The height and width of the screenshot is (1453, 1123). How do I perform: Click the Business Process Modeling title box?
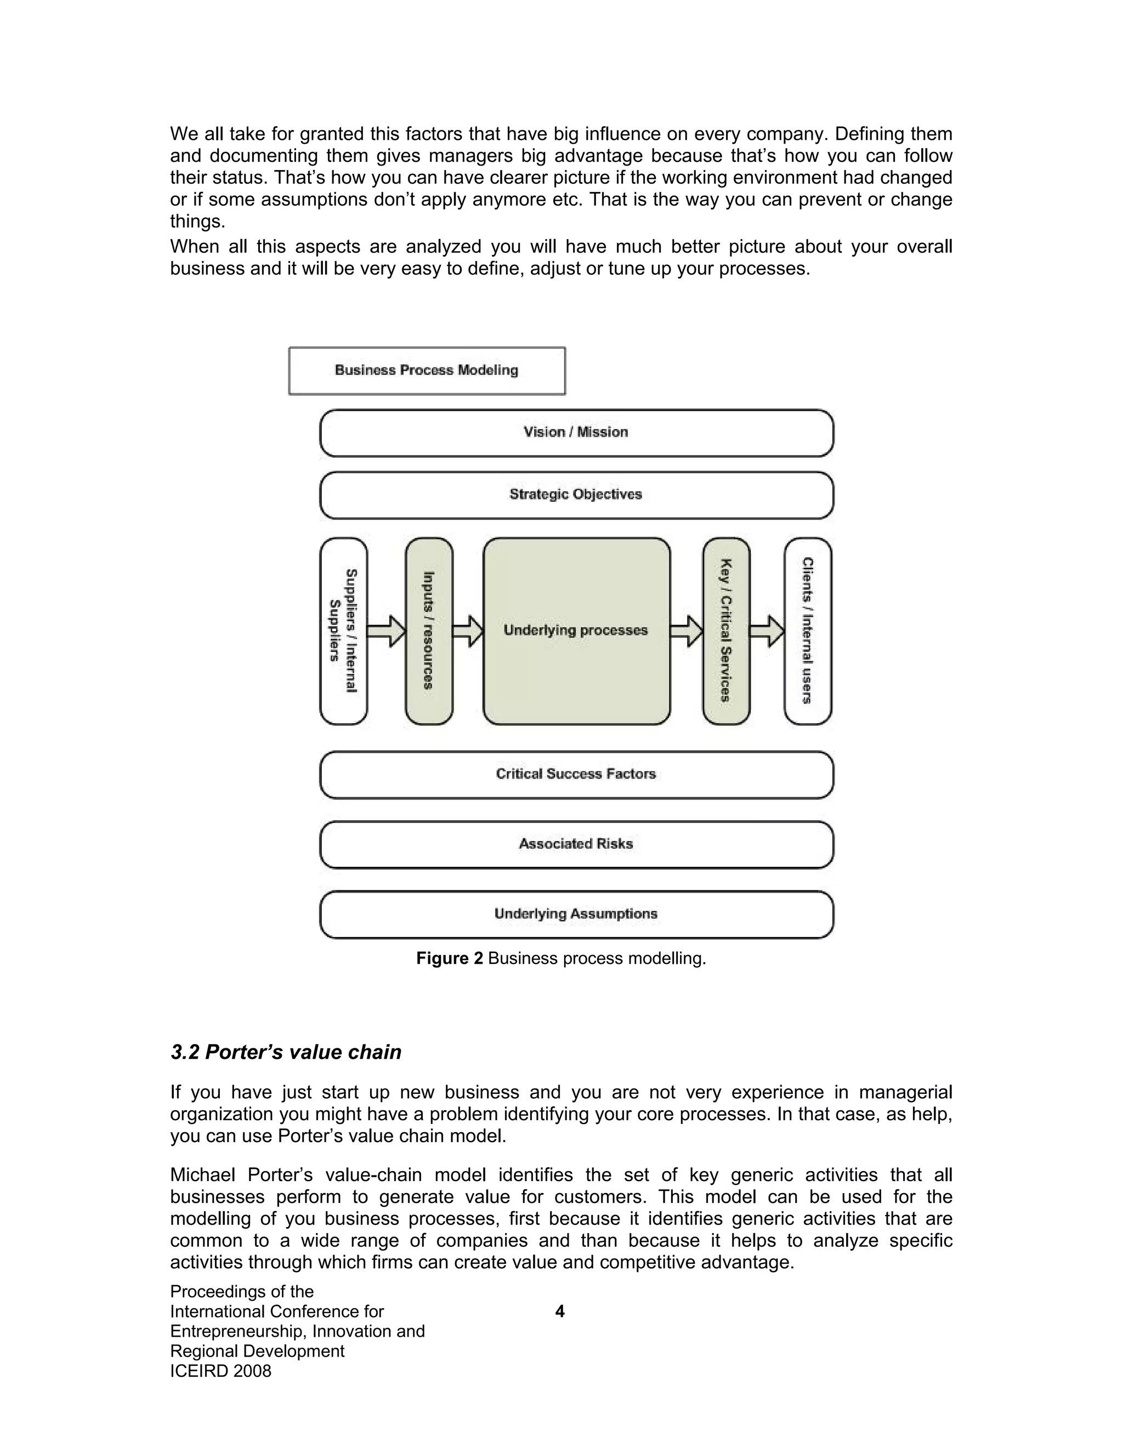point(427,371)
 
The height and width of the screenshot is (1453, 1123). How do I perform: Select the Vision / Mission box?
point(576,433)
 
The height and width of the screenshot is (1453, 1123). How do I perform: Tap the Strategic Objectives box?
point(576,495)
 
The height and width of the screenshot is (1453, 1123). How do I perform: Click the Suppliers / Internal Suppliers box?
point(343,631)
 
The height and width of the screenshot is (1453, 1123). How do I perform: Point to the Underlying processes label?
point(575,630)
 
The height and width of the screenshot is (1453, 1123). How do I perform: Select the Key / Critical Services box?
point(726,631)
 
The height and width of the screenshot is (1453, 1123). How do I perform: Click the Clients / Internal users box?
point(808,631)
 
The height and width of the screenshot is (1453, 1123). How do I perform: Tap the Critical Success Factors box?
point(576,774)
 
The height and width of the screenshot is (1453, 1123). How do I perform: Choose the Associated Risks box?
point(576,844)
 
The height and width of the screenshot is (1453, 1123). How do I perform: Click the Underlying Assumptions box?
point(576,914)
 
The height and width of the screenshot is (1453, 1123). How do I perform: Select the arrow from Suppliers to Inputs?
point(387,631)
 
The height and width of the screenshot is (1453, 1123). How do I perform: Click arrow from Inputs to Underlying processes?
point(468,631)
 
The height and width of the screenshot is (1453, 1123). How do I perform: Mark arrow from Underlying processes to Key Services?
point(687,631)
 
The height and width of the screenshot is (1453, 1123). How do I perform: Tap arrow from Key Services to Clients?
point(767,631)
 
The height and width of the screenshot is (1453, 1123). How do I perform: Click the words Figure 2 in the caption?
point(450,958)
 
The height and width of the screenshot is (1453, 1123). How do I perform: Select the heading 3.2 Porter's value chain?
point(286,1052)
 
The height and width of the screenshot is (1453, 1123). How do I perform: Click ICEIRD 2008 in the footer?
point(220,1371)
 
